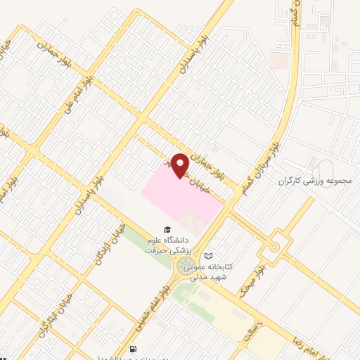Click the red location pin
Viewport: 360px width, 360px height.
[x=181, y=165]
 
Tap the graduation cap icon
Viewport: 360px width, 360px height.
[x=167, y=229]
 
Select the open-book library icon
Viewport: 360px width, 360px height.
[x=207, y=256]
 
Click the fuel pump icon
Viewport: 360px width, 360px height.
[x=134, y=349]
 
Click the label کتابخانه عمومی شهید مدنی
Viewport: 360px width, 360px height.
[x=229, y=263]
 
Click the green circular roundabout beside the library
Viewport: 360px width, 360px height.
[x=187, y=265]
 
